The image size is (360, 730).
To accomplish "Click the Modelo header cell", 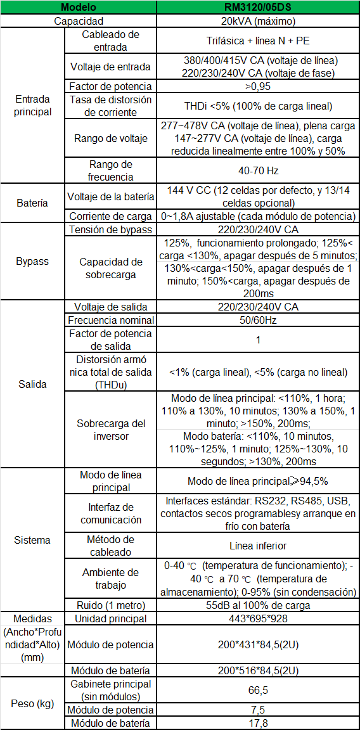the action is click(x=78, y=7).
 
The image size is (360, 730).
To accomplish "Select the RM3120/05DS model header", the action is click(x=257, y=7).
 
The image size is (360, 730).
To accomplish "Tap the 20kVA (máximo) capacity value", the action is click(x=257, y=21).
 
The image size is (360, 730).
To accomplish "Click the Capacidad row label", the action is click(x=78, y=21).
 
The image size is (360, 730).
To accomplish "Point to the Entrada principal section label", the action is click(x=32, y=106).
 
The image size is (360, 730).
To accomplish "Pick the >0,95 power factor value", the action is click(x=257, y=86).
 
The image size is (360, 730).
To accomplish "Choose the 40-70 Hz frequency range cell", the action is click(x=257, y=170).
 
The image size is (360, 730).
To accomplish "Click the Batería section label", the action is click(x=32, y=203).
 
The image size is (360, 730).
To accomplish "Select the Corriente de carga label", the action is click(x=111, y=216).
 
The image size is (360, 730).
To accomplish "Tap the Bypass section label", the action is click(x=32, y=261).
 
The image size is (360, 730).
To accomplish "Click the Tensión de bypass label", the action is click(x=111, y=229).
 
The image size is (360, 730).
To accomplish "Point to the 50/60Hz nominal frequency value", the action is click(x=257, y=320).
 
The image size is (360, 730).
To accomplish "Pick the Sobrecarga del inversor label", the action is click(x=111, y=430).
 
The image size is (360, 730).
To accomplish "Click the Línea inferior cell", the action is click(x=257, y=546).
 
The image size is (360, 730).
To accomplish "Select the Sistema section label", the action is click(x=32, y=541).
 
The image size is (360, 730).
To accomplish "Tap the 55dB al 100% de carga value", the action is click(x=257, y=605).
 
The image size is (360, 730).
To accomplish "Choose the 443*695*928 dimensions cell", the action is click(x=257, y=618).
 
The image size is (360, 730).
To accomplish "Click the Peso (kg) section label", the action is click(x=32, y=703).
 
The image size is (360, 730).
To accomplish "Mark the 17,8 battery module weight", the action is click(x=257, y=723).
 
